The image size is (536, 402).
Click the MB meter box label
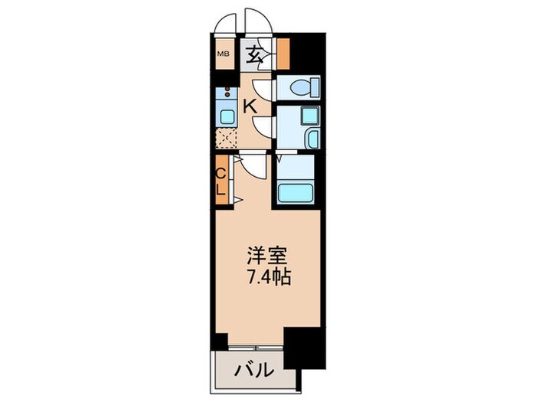pyautogui.click(x=224, y=54)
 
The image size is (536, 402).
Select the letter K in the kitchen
pyautogui.click(x=250, y=106)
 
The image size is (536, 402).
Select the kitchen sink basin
pyautogui.click(x=227, y=117)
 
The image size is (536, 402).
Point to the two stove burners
pyautogui.click(x=227, y=95)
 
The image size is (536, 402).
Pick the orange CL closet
pyautogui.click(x=221, y=180)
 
